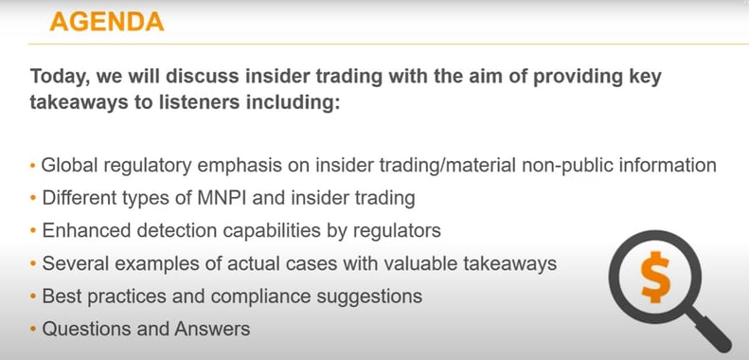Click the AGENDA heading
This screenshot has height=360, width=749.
pos(106,21)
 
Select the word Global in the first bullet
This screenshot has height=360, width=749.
pos(68,165)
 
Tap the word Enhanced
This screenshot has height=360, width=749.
pos(82,231)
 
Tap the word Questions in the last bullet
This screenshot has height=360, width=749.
pos(83,329)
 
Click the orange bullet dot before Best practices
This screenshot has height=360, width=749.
pos(34,297)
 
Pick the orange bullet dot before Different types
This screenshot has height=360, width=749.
pos(34,199)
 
